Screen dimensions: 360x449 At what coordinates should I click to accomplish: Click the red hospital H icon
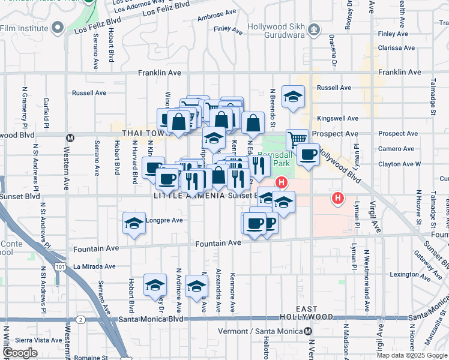(x=339, y=197)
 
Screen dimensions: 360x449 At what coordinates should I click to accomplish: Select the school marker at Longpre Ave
(x=134, y=224)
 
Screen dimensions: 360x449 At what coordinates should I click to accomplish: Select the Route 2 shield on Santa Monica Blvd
(x=81, y=319)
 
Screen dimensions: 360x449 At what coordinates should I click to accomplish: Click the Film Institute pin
(x=58, y=27)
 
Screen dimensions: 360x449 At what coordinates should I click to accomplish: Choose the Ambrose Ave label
(x=217, y=14)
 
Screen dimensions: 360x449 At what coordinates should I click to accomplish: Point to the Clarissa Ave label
(x=396, y=48)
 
